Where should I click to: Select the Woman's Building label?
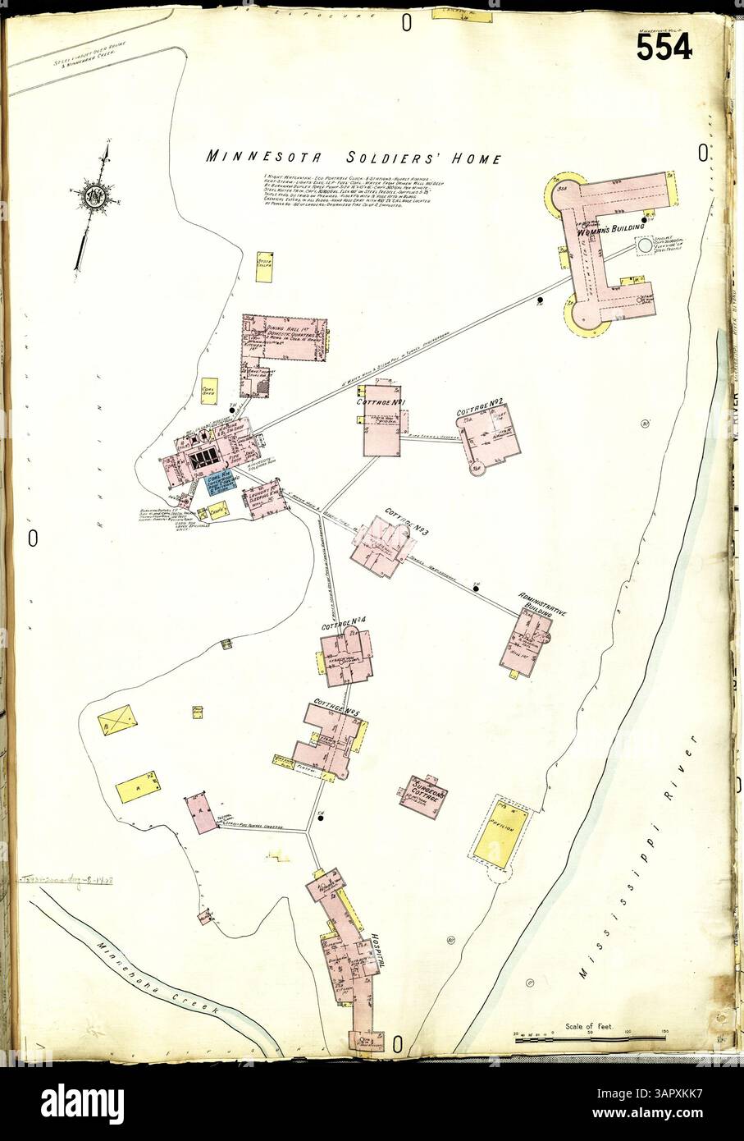click(611, 233)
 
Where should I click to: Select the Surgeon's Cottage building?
click(423, 795)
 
